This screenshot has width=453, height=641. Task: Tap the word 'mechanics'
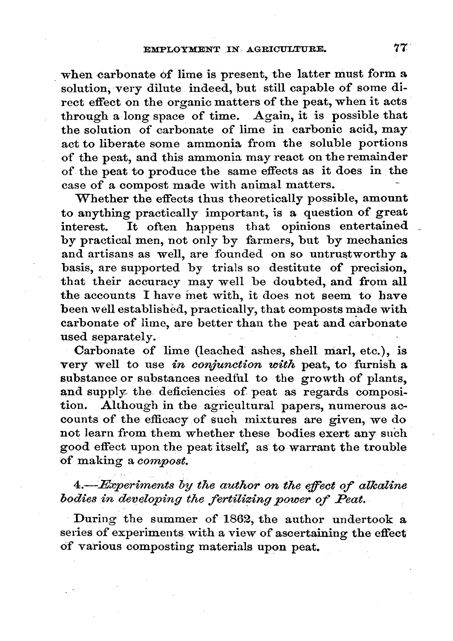(x=377, y=240)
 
